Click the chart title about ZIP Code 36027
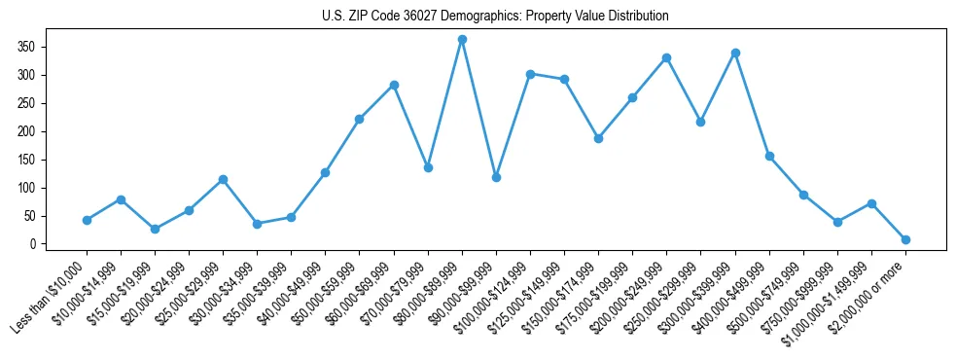[495, 17]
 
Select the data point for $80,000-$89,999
[462, 40]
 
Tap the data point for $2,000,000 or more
[905, 239]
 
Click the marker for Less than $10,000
[87, 220]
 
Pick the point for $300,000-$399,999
[735, 53]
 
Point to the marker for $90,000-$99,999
[496, 177]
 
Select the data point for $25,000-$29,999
[223, 179]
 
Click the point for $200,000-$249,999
[666, 57]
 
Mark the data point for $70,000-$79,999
[428, 167]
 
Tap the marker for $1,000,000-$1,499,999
[871, 203]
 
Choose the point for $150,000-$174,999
[598, 138]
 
